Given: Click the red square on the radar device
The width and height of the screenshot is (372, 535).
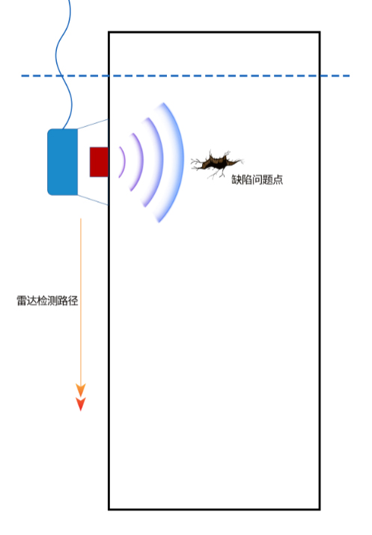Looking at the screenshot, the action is [x=99, y=162].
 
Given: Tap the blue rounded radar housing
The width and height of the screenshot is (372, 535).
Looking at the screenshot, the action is [x=63, y=162].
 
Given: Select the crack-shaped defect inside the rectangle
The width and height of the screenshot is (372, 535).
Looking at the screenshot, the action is [x=217, y=164].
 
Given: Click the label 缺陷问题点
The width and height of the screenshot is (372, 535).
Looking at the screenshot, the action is [x=257, y=179].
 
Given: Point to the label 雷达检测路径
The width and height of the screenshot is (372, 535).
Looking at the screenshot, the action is [x=47, y=300].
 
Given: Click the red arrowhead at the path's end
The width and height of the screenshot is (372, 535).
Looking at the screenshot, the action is [x=81, y=404].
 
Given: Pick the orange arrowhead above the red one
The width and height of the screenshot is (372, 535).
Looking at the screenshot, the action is [x=81, y=390].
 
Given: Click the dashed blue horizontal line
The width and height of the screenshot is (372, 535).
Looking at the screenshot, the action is [x=186, y=75].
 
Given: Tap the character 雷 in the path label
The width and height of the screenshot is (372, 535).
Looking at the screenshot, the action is [x=22, y=300].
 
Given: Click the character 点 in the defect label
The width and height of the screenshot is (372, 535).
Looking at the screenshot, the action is [x=278, y=179].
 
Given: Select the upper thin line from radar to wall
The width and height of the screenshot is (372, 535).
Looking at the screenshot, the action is [x=93, y=124].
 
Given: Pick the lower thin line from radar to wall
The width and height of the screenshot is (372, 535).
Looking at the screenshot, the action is [x=93, y=200].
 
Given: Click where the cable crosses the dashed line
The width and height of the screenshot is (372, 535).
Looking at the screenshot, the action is [x=61, y=75].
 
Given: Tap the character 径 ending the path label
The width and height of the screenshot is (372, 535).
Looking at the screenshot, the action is [x=73, y=300].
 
